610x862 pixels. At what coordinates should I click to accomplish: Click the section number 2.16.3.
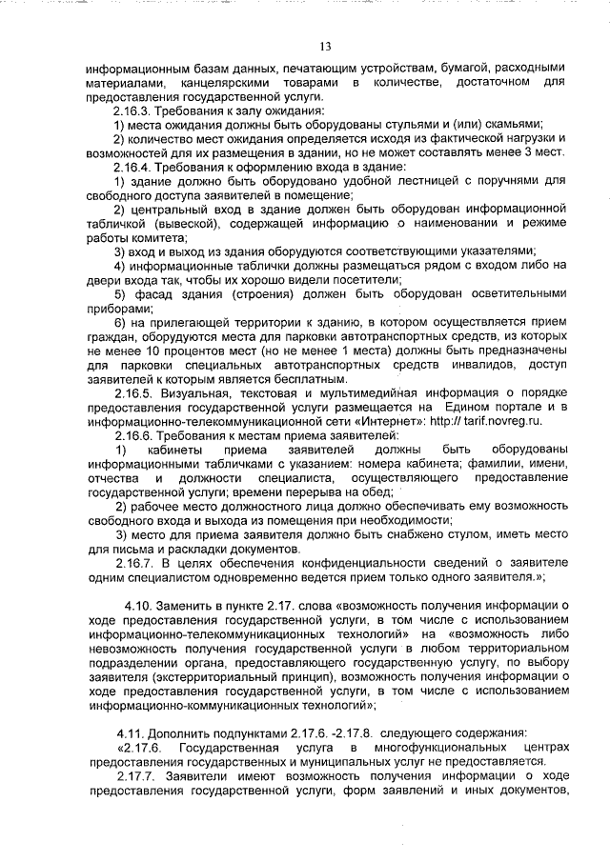point(133,110)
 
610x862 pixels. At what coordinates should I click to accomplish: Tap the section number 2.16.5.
point(133,393)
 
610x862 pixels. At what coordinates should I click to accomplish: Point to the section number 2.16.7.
point(133,563)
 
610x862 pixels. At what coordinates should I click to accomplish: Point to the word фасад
point(151,293)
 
